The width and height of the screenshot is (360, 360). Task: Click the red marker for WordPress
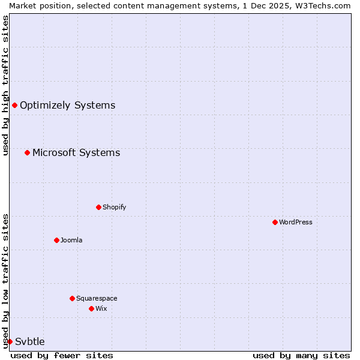(275, 222)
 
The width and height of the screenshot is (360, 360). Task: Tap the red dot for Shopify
(98, 207)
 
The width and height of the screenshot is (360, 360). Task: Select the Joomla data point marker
(56, 240)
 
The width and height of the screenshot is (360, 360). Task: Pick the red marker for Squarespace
(72, 298)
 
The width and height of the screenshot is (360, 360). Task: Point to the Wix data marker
(91, 308)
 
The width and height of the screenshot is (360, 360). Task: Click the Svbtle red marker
(10, 341)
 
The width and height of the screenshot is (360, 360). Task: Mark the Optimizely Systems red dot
(14, 106)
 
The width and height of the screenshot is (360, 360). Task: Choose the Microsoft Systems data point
(27, 152)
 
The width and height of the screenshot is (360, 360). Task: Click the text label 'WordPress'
(296, 222)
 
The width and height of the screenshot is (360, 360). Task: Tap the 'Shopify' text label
(115, 207)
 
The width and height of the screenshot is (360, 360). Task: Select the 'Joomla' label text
(71, 240)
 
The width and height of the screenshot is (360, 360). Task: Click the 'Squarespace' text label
(97, 298)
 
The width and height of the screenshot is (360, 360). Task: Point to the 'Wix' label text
(101, 308)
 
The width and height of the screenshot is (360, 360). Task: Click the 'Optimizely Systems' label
(68, 106)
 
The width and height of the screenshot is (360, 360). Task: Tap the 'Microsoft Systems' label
(76, 152)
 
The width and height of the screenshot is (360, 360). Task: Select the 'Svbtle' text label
(30, 341)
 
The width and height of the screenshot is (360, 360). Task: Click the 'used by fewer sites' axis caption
(62, 355)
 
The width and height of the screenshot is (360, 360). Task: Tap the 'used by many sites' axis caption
(301, 355)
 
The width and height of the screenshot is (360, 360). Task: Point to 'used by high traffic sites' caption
(5, 85)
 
